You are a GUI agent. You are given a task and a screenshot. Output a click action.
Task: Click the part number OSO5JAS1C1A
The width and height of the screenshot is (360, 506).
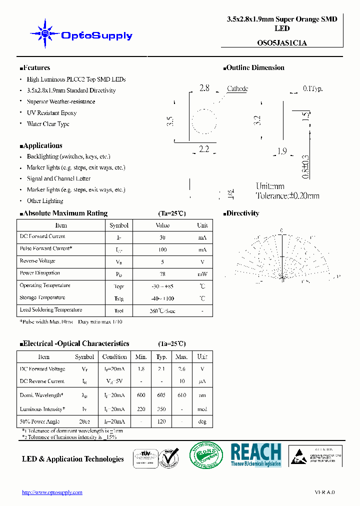point(282,43)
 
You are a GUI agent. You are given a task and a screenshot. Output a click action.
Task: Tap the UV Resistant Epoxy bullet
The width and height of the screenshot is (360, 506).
point(51,113)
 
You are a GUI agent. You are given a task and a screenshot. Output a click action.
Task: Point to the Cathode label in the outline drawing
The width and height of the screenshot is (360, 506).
point(237,88)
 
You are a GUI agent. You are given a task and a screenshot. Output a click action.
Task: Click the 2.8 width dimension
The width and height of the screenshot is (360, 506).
point(204,88)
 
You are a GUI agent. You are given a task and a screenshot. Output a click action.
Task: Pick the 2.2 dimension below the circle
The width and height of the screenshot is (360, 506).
point(204,148)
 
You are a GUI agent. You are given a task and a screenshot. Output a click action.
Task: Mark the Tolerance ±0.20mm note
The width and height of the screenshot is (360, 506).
point(287,196)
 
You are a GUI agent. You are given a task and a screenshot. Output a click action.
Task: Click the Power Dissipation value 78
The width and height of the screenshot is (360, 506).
point(162,273)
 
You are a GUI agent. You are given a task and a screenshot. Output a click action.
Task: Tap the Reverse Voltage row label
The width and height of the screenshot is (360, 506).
point(37,261)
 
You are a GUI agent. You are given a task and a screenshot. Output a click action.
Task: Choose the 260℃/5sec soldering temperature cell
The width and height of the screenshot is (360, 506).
point(162,310)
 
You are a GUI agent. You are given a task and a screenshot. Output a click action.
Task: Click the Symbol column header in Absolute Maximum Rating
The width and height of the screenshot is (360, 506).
point(119,225)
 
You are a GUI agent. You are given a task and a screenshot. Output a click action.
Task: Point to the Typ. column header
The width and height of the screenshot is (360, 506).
point(161,357)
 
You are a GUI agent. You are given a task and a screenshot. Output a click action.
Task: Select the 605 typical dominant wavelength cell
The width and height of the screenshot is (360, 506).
point(161,395)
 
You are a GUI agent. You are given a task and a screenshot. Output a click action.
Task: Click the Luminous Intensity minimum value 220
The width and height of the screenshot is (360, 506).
point(141,409)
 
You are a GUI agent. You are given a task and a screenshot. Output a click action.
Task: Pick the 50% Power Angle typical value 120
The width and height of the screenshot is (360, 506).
point(161,421)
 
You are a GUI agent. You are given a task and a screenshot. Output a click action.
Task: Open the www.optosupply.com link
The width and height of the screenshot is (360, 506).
point(52,492)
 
